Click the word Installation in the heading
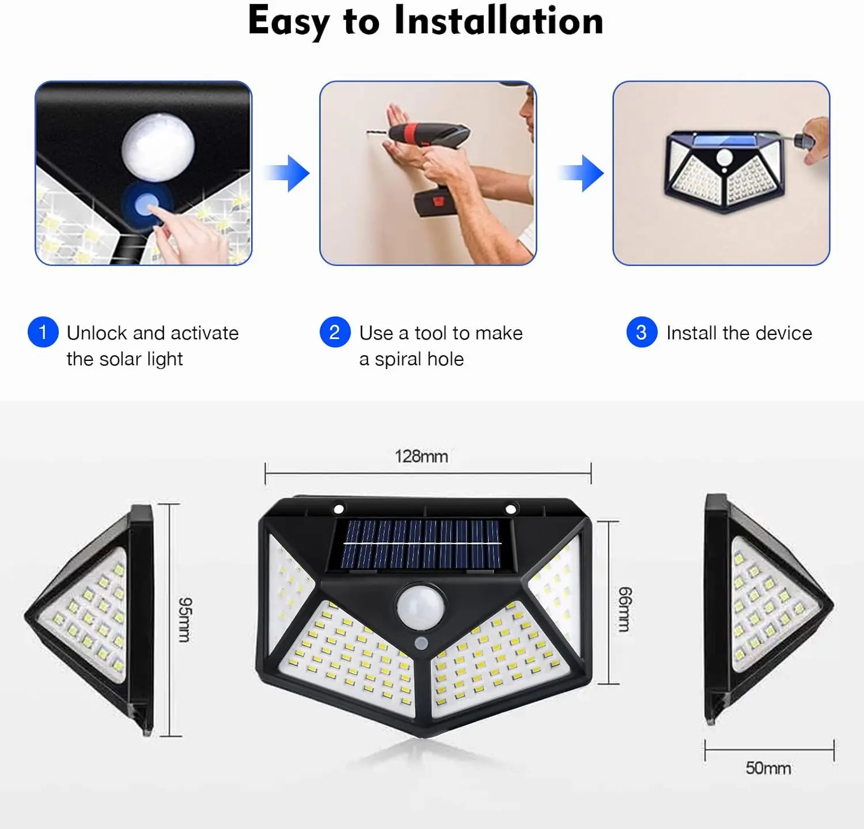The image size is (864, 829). [499, 21]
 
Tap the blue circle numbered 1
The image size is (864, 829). [43, 332]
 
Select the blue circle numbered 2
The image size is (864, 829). [335, 332]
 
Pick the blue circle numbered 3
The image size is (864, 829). [642, 332]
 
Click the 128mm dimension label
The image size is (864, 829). [421, 457]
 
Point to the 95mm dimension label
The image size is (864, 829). [184, 619]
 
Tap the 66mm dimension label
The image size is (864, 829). [624, 609]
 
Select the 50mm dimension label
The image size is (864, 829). [768, 768]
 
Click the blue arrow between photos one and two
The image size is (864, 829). [287, 173]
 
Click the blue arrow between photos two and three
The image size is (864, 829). [581, 173]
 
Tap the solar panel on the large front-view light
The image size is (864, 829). [421, 543]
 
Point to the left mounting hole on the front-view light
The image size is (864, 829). [339, 509]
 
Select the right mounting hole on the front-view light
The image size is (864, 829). [510, 509]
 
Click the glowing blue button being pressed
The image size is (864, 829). [147, 204]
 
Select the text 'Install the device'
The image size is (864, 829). [739, 333]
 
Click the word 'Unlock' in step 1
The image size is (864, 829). [97, 333]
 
